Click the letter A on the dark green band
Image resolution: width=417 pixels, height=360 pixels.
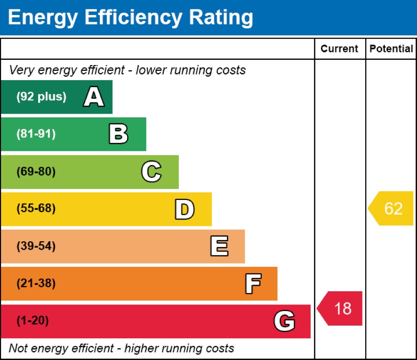(94, 97)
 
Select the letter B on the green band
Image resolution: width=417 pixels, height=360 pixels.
(118, 134)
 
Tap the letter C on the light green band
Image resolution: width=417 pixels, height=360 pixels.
(151, 172)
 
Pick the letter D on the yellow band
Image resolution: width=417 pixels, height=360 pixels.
(184, 209)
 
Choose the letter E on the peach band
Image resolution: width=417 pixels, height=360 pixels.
(219, 246)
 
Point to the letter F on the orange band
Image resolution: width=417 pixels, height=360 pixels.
(253, 284)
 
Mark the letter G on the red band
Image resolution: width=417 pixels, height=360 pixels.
(284, 321)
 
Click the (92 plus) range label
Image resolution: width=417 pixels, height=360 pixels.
(41, 97)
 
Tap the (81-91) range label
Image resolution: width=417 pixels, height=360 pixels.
(36, 134)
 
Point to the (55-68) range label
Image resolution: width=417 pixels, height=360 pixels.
(36, 209)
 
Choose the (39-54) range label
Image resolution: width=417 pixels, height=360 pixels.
(36, 246)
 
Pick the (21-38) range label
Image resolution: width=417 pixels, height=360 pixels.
(36, 284)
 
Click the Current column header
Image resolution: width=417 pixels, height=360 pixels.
(339, 49)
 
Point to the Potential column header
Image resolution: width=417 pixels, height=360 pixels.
(391, 49)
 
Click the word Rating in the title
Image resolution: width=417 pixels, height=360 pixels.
(220, 17)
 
